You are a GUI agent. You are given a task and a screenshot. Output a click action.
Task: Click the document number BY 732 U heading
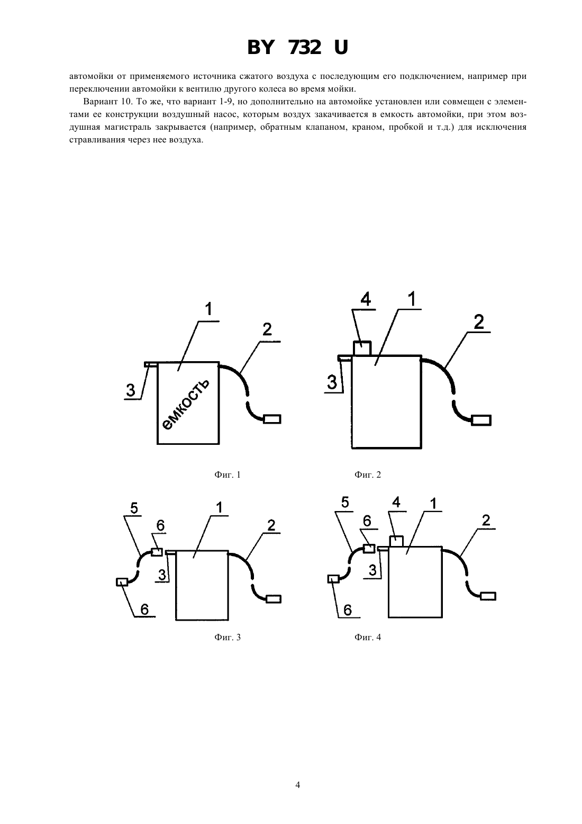point(297,48)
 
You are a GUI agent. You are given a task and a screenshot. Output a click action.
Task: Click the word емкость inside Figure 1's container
point(186,404)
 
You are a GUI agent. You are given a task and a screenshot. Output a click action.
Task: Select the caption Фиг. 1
point(228,475)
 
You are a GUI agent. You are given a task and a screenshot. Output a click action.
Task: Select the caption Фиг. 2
point(368,475)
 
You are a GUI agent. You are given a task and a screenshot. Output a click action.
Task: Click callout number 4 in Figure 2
point(366,299)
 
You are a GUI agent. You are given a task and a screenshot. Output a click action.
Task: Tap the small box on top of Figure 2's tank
point(362,348)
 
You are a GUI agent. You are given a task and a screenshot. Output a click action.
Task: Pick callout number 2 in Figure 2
point(479,323)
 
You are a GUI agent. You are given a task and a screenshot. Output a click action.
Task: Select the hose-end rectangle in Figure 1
point(272,419)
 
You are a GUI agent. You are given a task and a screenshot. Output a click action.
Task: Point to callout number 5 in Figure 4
point(344,502)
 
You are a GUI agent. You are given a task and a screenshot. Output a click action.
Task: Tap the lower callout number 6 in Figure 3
point(144,610)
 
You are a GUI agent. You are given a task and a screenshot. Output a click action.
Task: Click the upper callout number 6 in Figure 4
point(367,521)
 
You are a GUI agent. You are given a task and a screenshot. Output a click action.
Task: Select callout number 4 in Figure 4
point(396,502)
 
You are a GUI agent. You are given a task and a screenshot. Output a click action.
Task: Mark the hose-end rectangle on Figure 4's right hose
point(488,596)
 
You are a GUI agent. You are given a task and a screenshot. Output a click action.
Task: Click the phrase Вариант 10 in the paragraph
point(105,102)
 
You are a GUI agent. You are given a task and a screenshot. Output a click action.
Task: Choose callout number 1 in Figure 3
point(220,508)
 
